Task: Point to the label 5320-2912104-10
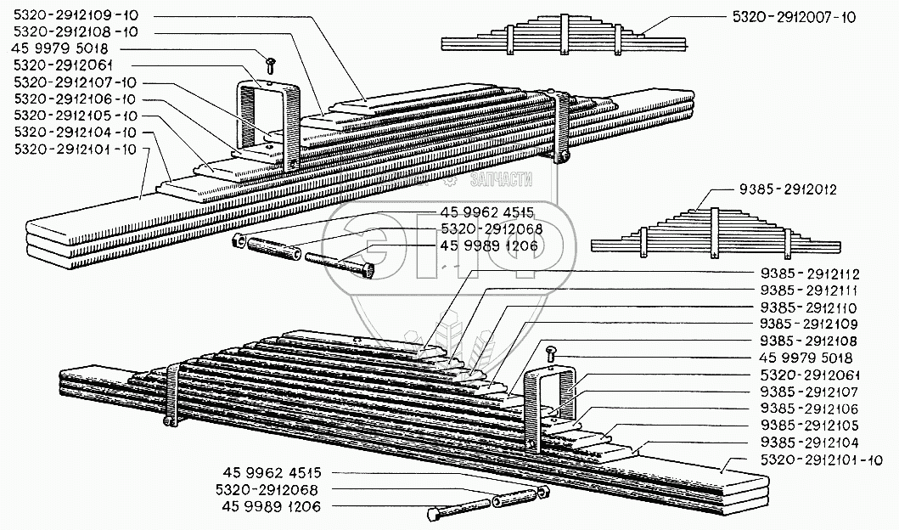75,132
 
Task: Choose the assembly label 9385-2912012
787,190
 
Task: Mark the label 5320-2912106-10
75,99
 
